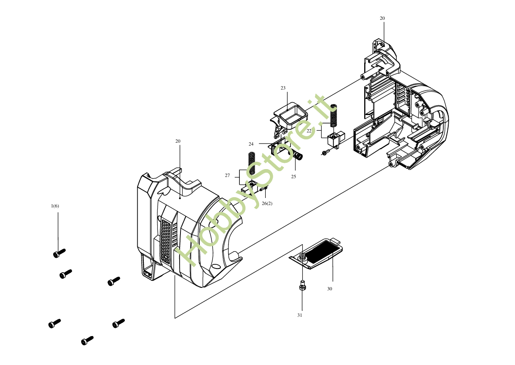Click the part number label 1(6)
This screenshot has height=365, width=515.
pos(55,206)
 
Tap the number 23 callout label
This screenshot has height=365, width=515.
pos(283,88)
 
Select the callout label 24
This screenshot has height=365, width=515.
pos(251,144)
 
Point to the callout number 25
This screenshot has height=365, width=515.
pos(294,177)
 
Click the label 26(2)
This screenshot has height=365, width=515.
pos(267,203)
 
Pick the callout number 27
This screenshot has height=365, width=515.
pos(227,175)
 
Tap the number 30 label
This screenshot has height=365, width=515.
pos(330,289)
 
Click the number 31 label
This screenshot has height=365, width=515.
pos(300,315)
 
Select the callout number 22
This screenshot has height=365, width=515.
pos(309,131)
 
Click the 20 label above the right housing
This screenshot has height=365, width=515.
pos(382,18)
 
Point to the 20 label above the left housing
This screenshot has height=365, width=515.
pos(178,141)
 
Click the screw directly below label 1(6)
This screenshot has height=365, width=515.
pos(59,253)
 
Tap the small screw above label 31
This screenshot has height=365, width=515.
pos(302,285)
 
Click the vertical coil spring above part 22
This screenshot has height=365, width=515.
pos(334,115)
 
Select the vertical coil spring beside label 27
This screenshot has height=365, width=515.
pos(252,163)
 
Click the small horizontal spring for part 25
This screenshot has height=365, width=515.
pos(297,155)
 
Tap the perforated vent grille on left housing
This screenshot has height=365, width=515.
pos(166,241)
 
